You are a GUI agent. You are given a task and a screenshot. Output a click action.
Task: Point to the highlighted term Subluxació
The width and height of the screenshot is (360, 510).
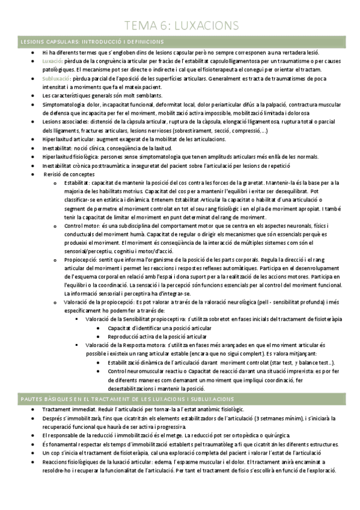(56, 79)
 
